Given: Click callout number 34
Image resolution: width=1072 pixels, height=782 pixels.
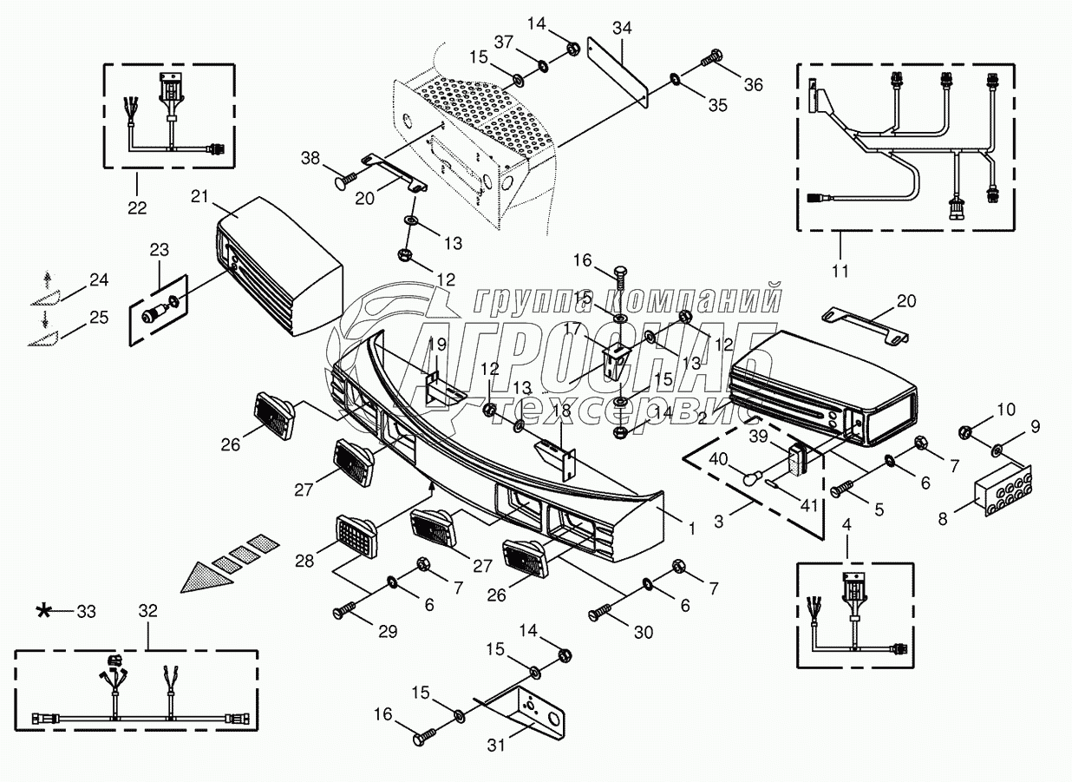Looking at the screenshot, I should pyautogui.click(x=620, y=27).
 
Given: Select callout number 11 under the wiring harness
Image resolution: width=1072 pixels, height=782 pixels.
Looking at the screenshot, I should pyautogui.click(x=839, y=271).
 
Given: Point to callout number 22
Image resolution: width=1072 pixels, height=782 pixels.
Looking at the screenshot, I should pyautogui.click(x=136, y=207).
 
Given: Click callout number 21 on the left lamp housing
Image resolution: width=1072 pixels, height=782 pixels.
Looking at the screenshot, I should pyautogui.click(x=200, y=198).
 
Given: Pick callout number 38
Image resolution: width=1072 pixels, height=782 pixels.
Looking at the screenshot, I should pyautogui.click(x=310, y=157).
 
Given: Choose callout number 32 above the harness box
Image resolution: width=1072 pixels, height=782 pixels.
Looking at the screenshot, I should pyautogui.click(x=147, y=610).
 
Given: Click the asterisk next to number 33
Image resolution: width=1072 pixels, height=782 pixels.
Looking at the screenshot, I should pyautogui.click(x=42, y=611).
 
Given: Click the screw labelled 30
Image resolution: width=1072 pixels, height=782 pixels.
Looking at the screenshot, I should pyautogui.click(x=600, y=614).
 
